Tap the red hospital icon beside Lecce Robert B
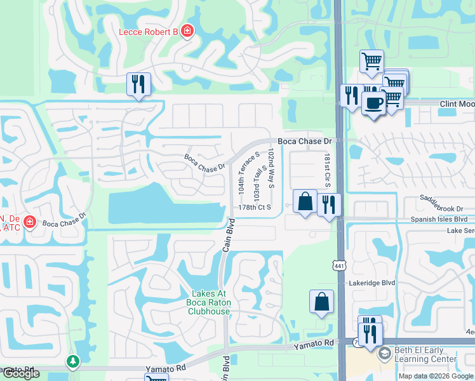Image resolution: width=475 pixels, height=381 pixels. [187, 31]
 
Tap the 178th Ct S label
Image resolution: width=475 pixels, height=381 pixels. [255, 207]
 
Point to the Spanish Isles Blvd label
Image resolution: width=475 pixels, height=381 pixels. [439, 219]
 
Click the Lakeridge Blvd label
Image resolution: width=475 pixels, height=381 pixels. [371, 283]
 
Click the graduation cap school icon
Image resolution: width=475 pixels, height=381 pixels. [384, 354]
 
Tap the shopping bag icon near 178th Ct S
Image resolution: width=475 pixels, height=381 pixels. [305, 201]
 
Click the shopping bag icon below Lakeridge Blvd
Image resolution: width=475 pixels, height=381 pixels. [321, 302]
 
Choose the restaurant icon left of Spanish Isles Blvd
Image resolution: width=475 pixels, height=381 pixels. [328, 204]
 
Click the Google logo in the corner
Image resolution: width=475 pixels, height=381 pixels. [21, 373]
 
